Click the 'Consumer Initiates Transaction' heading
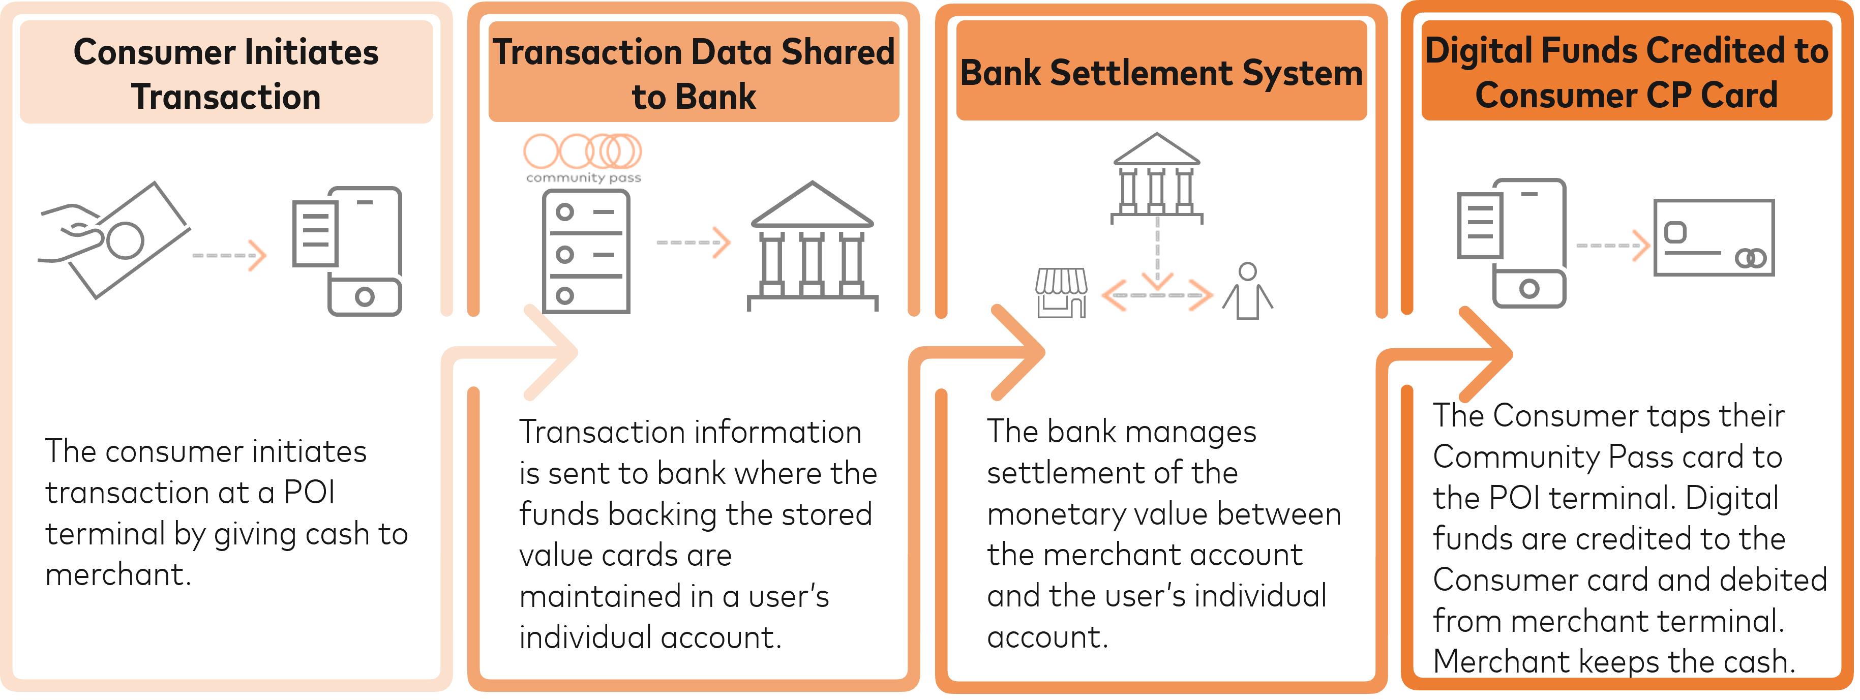coord(226,74)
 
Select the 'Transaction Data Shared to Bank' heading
coord(693,74)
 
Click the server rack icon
coord(586,252)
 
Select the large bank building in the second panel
coord(813,246)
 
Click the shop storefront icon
coord(1061,292)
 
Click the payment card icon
coord(1714,237)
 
